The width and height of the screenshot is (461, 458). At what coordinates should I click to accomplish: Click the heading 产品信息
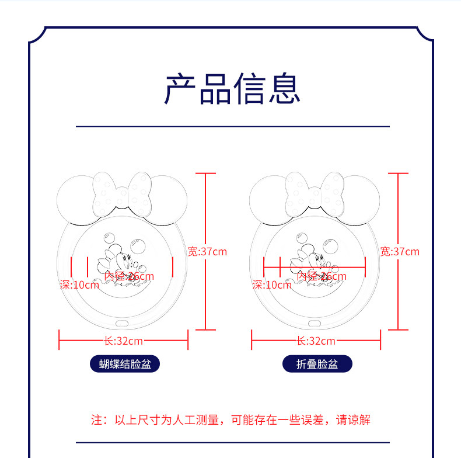click(232, 89)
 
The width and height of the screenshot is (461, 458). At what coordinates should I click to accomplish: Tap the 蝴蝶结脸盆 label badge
click(125, 365)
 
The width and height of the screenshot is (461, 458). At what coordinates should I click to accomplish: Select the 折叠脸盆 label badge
click(317, 365)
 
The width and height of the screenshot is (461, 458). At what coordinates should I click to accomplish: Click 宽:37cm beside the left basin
click(207, 252)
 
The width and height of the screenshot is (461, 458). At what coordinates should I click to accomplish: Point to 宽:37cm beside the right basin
click(400, 252)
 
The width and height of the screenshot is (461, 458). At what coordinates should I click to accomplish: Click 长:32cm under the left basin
click(123, 341)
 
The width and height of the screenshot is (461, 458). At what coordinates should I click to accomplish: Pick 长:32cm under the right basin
click(316, 341)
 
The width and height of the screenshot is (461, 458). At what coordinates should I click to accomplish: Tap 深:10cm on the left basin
click(79, 285)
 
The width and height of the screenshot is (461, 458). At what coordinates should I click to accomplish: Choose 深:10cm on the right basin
click(272, 285)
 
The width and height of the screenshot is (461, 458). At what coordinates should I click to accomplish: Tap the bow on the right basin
click(315, 193)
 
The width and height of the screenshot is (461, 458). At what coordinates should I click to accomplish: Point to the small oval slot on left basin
click(123, 322)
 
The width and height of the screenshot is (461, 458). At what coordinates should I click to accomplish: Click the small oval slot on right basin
click(316, 322)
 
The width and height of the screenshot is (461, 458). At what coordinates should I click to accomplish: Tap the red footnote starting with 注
click(230, 419)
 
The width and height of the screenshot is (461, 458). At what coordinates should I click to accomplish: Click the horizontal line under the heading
click(233, 126)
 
